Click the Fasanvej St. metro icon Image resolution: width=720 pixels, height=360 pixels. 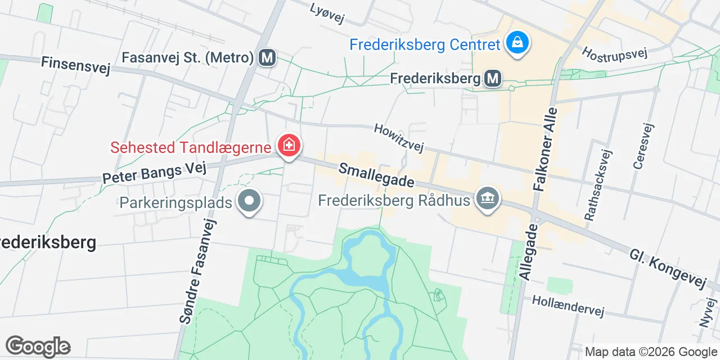pos(267,57)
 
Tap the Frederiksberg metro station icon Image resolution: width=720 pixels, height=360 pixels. pos(493,79)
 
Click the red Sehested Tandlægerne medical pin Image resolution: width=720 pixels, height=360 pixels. pos(289,146)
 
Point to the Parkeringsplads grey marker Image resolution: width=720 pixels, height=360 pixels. pos(248,201)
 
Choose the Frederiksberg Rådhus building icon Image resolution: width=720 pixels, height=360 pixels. pos(487,198)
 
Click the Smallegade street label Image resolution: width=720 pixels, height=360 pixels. pos(376,175)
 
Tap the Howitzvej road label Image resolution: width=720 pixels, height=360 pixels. pos(398,138)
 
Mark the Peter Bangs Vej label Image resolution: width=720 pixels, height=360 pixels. pos(155,173)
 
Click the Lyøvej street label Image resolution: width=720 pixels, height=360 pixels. pos(327,13)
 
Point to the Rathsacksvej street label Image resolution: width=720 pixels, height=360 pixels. pos(597,184)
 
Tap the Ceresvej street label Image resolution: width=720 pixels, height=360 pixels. pos(642,146)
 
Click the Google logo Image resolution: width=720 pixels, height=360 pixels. pos(38,346)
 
